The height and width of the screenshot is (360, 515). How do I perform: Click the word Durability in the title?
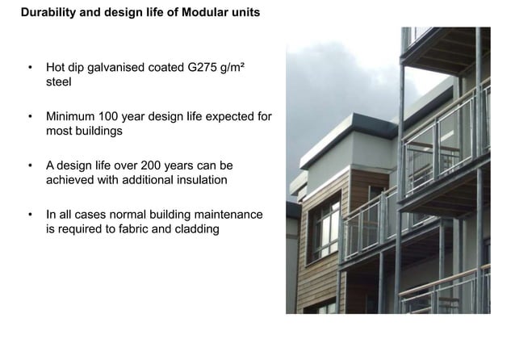tap(48, 13)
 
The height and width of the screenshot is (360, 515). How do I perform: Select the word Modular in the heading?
tap(206, 13)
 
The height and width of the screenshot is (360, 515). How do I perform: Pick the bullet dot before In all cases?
tap(30, 214)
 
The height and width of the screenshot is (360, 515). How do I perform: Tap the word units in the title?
tap(245, 13)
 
